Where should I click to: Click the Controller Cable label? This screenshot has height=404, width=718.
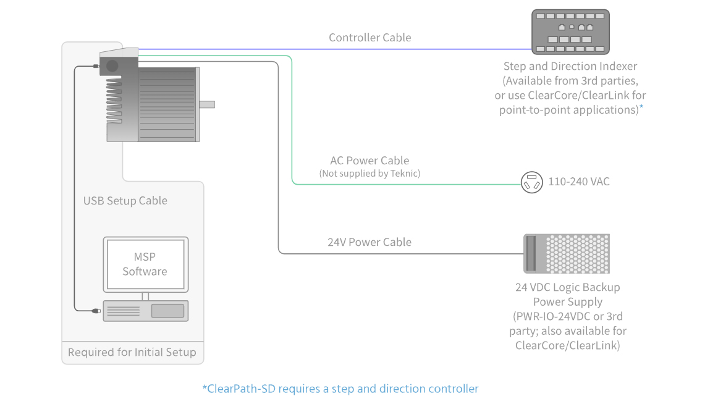(370, 38)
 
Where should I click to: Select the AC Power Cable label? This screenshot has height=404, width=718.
(370, 161)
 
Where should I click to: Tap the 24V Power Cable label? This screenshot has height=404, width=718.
(369, 242)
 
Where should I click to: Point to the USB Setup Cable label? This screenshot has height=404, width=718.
(125, 201)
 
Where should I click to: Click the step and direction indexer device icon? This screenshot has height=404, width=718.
(570, 32)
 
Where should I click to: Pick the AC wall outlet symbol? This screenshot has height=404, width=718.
(531, 183)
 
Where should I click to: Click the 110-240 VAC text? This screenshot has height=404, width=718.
(578, 182)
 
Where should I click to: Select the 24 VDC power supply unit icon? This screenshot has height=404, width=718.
(566, 253)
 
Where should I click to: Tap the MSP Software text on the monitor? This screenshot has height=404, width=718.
(145, 264)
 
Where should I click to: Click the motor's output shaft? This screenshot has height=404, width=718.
(207, 104)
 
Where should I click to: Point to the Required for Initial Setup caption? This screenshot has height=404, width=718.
(132, 352)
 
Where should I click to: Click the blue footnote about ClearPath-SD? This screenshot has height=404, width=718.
(340, 389)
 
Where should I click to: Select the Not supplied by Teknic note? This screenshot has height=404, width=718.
(370, 174)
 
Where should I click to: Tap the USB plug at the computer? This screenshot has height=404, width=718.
(95, 311)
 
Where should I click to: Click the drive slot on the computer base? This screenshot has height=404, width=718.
(167, 311)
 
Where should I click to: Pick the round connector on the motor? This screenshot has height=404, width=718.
(112, 65)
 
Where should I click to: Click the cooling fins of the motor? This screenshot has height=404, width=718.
(114, 99)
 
